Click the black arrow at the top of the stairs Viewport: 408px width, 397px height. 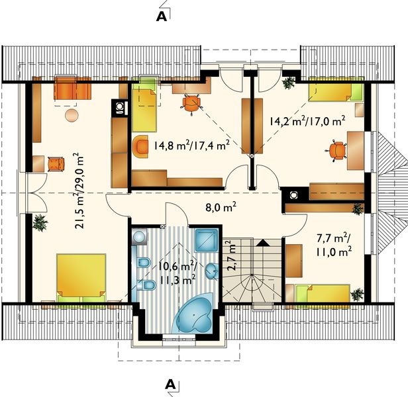tap(263, 243)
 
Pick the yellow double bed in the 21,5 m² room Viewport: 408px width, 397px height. tap(81, 277)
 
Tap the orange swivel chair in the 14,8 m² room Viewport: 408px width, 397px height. tap(191, 102)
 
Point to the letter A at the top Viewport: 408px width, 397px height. tap(161, 17)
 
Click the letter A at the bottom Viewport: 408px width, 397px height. tap(170, 384)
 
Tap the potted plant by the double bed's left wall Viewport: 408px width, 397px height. tap(40, 222)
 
